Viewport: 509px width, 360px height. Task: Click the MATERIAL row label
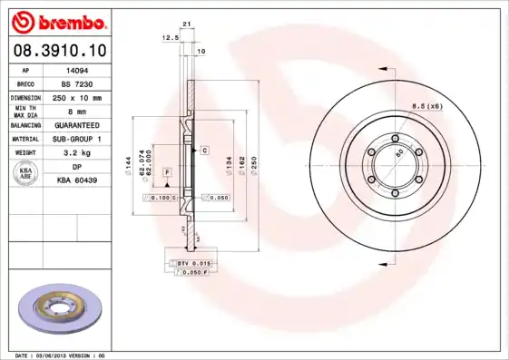(24, 140)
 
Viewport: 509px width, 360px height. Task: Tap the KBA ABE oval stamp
(25, 174)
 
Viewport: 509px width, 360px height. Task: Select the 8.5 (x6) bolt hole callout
(426, 107)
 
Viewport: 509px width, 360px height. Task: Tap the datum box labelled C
(205, 149)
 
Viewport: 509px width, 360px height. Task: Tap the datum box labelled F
(168, 171)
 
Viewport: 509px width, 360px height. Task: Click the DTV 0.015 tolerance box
(193, 263)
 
